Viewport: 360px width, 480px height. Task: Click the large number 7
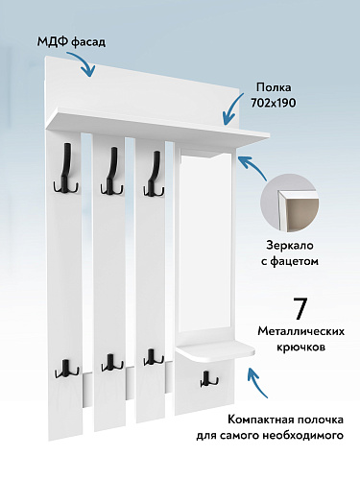pos(300,309)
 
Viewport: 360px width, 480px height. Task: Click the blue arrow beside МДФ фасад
pos(86,65)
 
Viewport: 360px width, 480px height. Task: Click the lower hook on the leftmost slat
pos(67,365)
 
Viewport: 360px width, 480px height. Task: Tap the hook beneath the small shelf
pos(204,379)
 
